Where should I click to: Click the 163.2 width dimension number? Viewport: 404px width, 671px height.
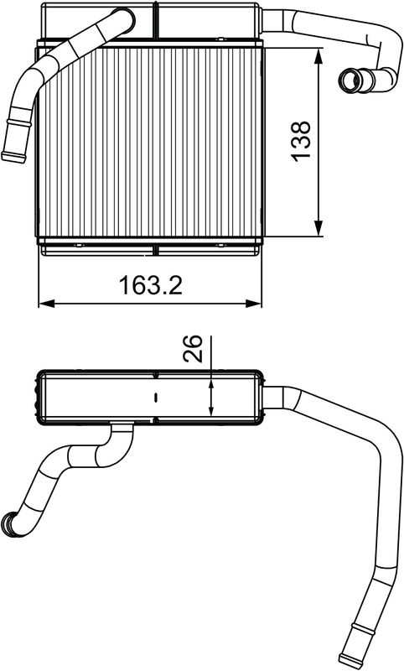point(151,285)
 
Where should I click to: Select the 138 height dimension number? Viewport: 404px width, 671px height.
point(302,141)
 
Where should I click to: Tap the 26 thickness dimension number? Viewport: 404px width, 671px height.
point(192,348)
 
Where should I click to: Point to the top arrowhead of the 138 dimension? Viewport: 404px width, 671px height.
point(318,56)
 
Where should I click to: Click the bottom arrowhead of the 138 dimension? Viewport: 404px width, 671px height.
point(318,228)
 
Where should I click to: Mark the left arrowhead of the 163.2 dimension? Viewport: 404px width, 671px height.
point(47,304)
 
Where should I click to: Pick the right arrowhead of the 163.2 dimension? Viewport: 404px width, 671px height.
point(253,304)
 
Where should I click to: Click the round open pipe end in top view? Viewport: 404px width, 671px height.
point(350,80)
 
